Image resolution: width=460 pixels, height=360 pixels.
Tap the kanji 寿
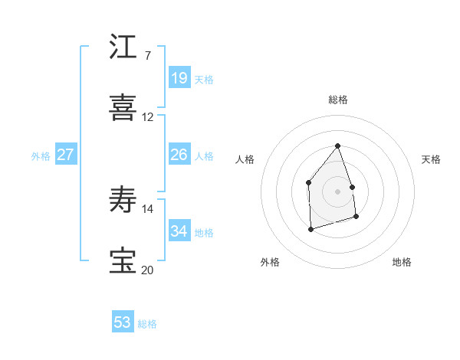coord(123,200)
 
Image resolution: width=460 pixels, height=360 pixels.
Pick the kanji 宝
coord(123,261)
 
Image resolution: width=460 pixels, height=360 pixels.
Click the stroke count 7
coord(147,56)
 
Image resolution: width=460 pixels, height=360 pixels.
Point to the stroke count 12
coord(148,117)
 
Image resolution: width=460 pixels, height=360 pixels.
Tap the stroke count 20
coord(148,270)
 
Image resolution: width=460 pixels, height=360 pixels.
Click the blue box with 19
coord(179,77)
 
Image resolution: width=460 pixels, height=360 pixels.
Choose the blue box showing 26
coord(179,155)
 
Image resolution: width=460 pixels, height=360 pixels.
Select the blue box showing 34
coord(179,231)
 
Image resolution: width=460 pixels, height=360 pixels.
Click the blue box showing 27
coord(65,155)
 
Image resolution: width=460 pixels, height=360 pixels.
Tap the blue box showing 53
coord(122,322)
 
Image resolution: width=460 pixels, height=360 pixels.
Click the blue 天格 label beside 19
coord(204,80)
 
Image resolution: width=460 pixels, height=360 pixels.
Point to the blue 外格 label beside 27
coord(41,156)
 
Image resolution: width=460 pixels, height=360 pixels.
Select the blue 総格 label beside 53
coord(147,325)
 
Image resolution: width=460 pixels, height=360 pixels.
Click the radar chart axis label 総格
coord(338,100)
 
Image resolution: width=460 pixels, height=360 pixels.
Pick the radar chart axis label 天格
coord(431,159)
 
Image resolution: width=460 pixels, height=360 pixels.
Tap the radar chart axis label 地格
coord(402,263)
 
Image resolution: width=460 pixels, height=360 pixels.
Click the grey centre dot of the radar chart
coord(337,191)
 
